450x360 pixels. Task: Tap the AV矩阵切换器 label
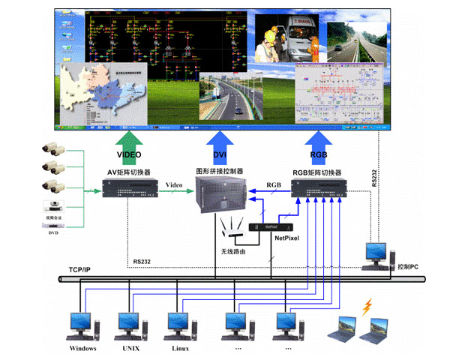[128, 171]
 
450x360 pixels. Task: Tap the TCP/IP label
[80, 269]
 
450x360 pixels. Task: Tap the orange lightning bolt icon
[367, 307]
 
